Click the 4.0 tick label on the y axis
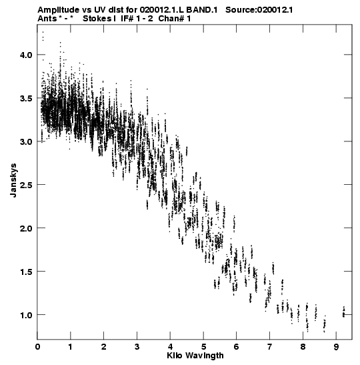[26, 55]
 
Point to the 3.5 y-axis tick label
[26, 98]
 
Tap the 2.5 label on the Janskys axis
[26, 185]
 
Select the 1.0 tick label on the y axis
[26, 315]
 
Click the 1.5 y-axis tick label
[26, 272]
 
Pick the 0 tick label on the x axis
[37, 347]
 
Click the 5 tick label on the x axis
[203, 347]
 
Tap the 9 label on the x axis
[336, 347]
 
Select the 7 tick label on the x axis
[270, 347]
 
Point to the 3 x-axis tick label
[137, 347]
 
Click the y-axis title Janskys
[13, 180]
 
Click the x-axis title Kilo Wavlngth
[195, 356]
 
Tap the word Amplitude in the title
[58, 10]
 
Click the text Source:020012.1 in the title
[259, 10]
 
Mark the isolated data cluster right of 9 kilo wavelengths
[344, 312]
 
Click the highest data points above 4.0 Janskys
[43, 36]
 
